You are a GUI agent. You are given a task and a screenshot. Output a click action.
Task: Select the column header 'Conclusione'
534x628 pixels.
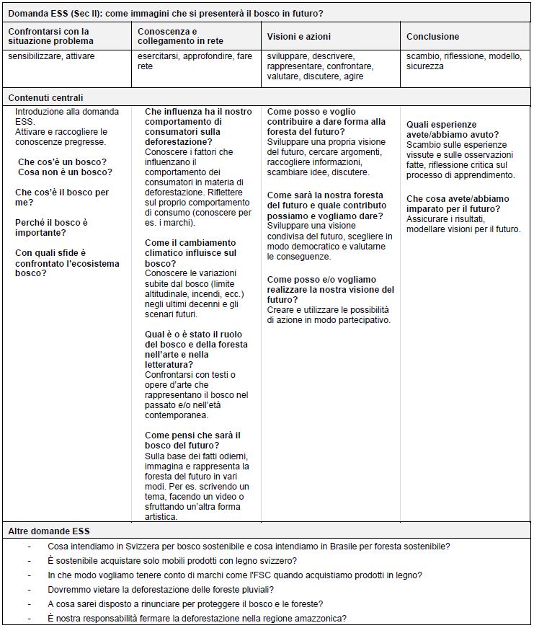pyautogui.click(x=432, y=36)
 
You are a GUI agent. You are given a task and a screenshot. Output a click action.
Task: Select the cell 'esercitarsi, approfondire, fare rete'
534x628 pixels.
pyautogui.click(x=195, y=61)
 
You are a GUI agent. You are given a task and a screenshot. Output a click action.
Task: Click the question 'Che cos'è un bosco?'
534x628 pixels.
pyautogui.click(x=62, y=162)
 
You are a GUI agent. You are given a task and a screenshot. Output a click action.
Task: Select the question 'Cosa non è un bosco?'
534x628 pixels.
pyautogui.click(x=65, y=172)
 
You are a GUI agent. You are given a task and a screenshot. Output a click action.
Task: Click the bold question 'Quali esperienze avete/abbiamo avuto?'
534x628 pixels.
pyautogui.click(x=452, y=130)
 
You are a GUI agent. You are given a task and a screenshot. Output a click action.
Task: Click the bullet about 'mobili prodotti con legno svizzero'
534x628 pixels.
pyautogui.click(x=172, y=560)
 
